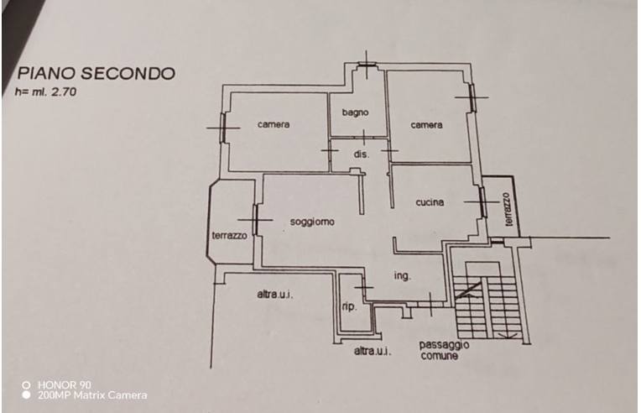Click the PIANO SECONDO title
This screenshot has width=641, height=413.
coord(96,74)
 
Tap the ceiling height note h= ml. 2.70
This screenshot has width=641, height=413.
coord(45,91)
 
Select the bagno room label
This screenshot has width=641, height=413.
coord(355,112)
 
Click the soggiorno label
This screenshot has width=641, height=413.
coord(312,222)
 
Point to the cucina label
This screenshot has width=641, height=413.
coord(430,202)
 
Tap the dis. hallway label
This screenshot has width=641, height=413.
coord(361,154)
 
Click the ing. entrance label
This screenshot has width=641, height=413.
coord(402,276)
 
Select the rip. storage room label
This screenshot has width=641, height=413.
coord(349,306)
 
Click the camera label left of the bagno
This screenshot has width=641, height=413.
coord(274,124)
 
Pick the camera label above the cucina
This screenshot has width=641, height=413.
coord(426,125)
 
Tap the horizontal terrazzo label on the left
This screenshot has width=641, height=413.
coord(229,236)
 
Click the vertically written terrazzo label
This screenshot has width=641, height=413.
coord(508,209)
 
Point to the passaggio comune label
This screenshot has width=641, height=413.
coord(444,350)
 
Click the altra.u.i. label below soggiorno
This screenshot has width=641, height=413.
coord(275,294)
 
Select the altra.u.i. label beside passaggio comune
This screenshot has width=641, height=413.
coord(372,350)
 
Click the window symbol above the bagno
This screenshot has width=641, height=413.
coord(367,64)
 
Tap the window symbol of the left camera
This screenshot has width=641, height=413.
coord(223,128)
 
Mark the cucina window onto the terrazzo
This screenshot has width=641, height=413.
coord(482,202)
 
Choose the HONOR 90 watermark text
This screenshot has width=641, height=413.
coord(64,384)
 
